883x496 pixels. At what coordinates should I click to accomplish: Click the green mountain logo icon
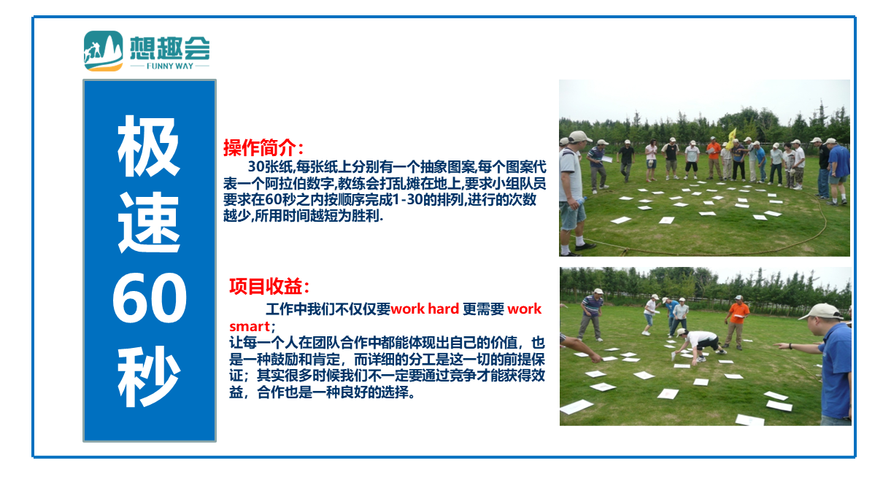pos(104,51)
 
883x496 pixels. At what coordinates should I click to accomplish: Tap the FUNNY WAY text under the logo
pos(170,66)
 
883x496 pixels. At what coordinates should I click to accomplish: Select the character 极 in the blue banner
pos(149,146)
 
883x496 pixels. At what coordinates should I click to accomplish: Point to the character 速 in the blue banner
pos(149,222)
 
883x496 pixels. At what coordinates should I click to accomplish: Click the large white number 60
pos(150,298)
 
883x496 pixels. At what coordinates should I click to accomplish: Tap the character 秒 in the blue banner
pos(149,376)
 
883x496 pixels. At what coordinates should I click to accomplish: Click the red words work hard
pos(425,309)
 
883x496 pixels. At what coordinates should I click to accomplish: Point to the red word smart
pos(250,327)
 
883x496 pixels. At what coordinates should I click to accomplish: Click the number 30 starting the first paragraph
pos(256,166)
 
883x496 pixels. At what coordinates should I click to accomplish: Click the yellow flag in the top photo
pos(732,139)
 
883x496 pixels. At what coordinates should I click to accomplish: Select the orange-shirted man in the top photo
pos(713,158)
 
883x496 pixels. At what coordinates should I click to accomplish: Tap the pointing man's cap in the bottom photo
pos(822,312)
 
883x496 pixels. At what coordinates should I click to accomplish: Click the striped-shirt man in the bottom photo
pos(590,314)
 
